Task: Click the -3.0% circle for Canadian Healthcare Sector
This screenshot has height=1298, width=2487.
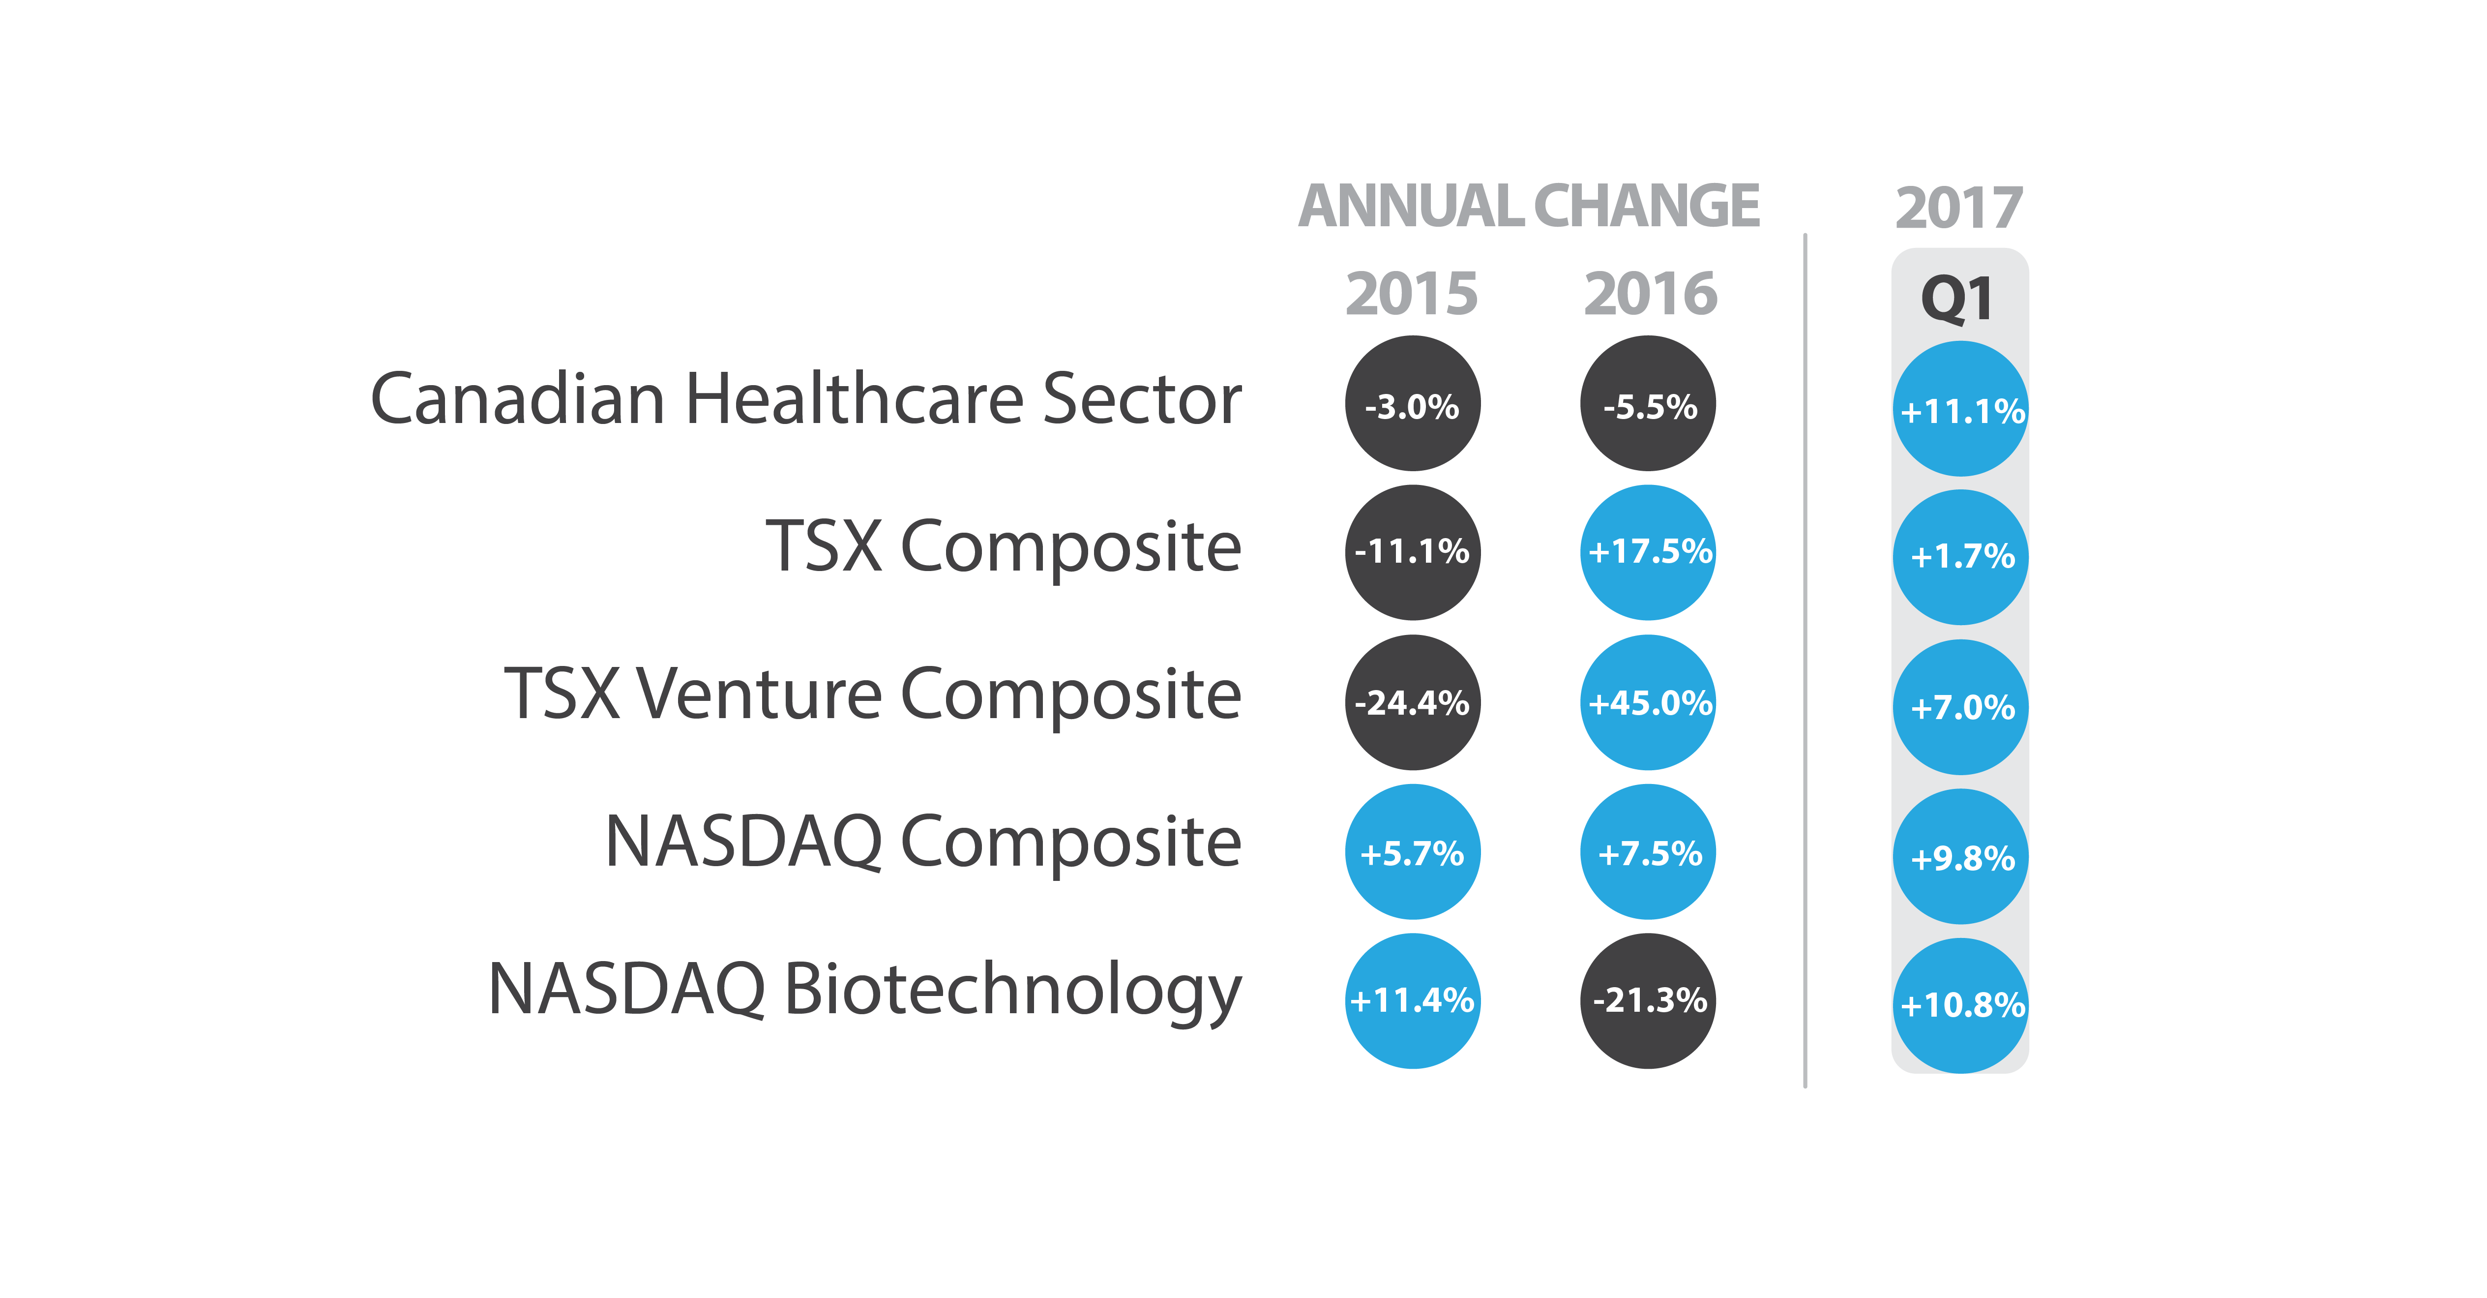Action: tap(1413, 404)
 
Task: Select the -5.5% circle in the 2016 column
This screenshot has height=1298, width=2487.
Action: tap(1648, 404)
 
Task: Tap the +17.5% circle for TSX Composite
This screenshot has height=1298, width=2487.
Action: tap(1648, 552)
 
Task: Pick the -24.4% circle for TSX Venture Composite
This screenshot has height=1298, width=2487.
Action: tap(1413, 702)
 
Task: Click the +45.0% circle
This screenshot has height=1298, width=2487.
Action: tap(1648, 702)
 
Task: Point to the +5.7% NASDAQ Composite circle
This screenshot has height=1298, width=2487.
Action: tap(1413, 852)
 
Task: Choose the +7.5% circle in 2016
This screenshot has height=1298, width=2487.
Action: tap(1648, 852)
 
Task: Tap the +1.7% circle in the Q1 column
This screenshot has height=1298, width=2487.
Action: tap(1961, 557)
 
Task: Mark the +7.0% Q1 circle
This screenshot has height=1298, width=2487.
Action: tap(1961, 707)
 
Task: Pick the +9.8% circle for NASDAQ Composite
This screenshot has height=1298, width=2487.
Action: tap(1961, 857)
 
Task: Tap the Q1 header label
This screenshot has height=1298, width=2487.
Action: tap(1957, 300)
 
